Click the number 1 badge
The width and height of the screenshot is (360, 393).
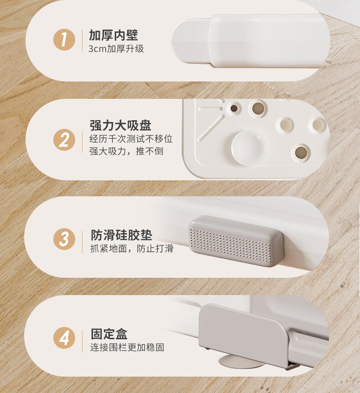point(64,40)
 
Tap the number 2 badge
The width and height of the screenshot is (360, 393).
point(64,140)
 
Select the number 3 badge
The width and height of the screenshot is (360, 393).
point(64,239)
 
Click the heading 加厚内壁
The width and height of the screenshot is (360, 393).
point(113,35)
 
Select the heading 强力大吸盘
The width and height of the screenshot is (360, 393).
point(120,125)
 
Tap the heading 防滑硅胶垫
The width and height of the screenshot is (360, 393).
point(121,235)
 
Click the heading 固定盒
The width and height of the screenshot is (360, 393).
point(109,334)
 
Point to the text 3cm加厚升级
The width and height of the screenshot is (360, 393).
point(116,49)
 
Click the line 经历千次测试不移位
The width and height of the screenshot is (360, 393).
point(131,138)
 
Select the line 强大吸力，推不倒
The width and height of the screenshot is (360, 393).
point(126,151)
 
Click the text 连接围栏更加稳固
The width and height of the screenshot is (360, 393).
point(127,347)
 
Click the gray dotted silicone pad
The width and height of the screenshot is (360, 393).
point(236,240)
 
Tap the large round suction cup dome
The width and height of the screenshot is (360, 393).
point(250,148)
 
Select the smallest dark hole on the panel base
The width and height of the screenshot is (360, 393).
point(234,108)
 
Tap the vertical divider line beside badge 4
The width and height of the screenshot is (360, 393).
point(82,341)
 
